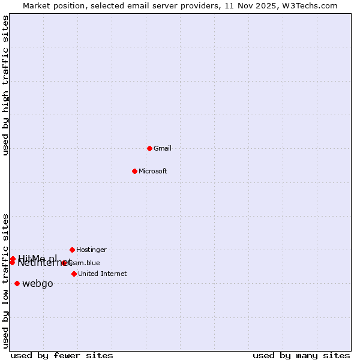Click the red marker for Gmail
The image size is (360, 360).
pos(149,148)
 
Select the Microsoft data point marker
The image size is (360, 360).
pos(134,171)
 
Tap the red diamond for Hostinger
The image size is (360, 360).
pos(72,250)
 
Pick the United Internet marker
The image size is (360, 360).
pos(74,274)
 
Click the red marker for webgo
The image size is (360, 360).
pos(17,283)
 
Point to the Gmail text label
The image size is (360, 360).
pos(163,148)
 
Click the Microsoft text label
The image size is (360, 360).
pos(153,171)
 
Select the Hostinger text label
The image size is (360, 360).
pos(91,250)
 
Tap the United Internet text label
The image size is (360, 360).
pos(102,274)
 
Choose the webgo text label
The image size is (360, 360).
pos(37,283)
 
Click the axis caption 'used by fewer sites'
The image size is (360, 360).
pos(62,355)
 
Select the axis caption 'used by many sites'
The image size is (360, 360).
pos(301,355)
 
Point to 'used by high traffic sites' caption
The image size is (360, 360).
pos(5,85)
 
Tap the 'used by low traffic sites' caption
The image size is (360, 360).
pos(5,281)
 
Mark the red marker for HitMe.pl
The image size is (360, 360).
pos(13,259)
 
